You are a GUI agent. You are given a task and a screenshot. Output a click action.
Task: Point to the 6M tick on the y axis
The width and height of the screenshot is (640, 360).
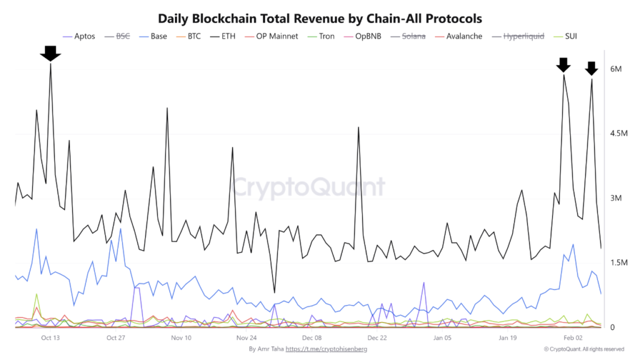[x=616, y=69]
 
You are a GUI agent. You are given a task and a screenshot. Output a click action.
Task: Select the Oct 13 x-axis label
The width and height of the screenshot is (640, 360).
[x=50, y=338]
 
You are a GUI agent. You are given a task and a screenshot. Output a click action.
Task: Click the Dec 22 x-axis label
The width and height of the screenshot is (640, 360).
[x=377, y=338]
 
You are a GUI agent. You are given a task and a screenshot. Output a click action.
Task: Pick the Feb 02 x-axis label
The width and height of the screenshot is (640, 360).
[x=573, y=338]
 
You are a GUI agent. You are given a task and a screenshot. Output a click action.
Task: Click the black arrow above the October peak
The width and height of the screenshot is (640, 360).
[x=50, y=54]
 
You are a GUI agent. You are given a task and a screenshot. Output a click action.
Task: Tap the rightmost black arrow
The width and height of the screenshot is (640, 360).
[x=591, y=68]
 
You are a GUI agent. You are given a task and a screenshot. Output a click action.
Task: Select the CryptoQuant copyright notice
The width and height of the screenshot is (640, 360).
[x=583, y=349]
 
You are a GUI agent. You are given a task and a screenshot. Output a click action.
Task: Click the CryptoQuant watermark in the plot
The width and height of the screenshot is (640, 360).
[x=309, y=186]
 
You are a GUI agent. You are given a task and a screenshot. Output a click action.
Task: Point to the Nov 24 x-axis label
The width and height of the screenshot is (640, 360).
[x=246, y=338]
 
